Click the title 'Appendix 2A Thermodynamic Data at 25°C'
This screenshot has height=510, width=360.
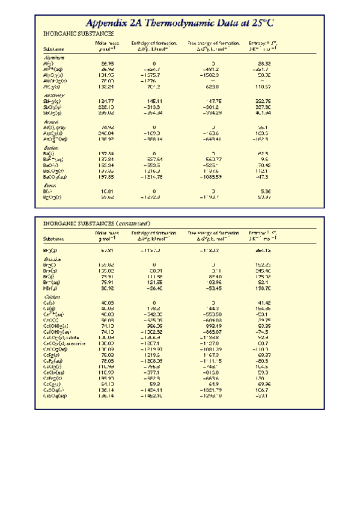180,23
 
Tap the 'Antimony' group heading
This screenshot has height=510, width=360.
54,95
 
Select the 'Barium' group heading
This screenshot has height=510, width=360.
52,148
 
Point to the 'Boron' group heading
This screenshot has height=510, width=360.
50,185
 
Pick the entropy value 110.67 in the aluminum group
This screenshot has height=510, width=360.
264,86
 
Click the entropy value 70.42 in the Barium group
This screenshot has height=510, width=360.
264,164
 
